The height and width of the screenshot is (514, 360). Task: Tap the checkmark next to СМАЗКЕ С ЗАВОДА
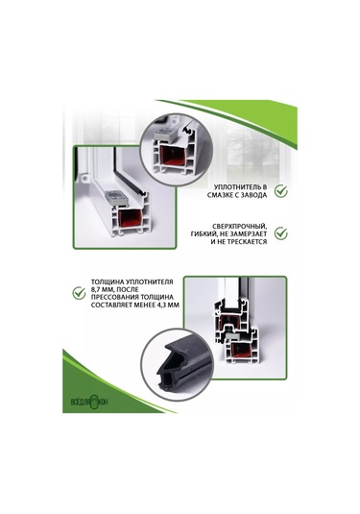tap(280, 190)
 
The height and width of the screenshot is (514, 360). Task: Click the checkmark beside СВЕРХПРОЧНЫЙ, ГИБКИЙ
tap(280, 233)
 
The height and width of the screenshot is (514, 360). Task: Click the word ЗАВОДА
tap(247, 193)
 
